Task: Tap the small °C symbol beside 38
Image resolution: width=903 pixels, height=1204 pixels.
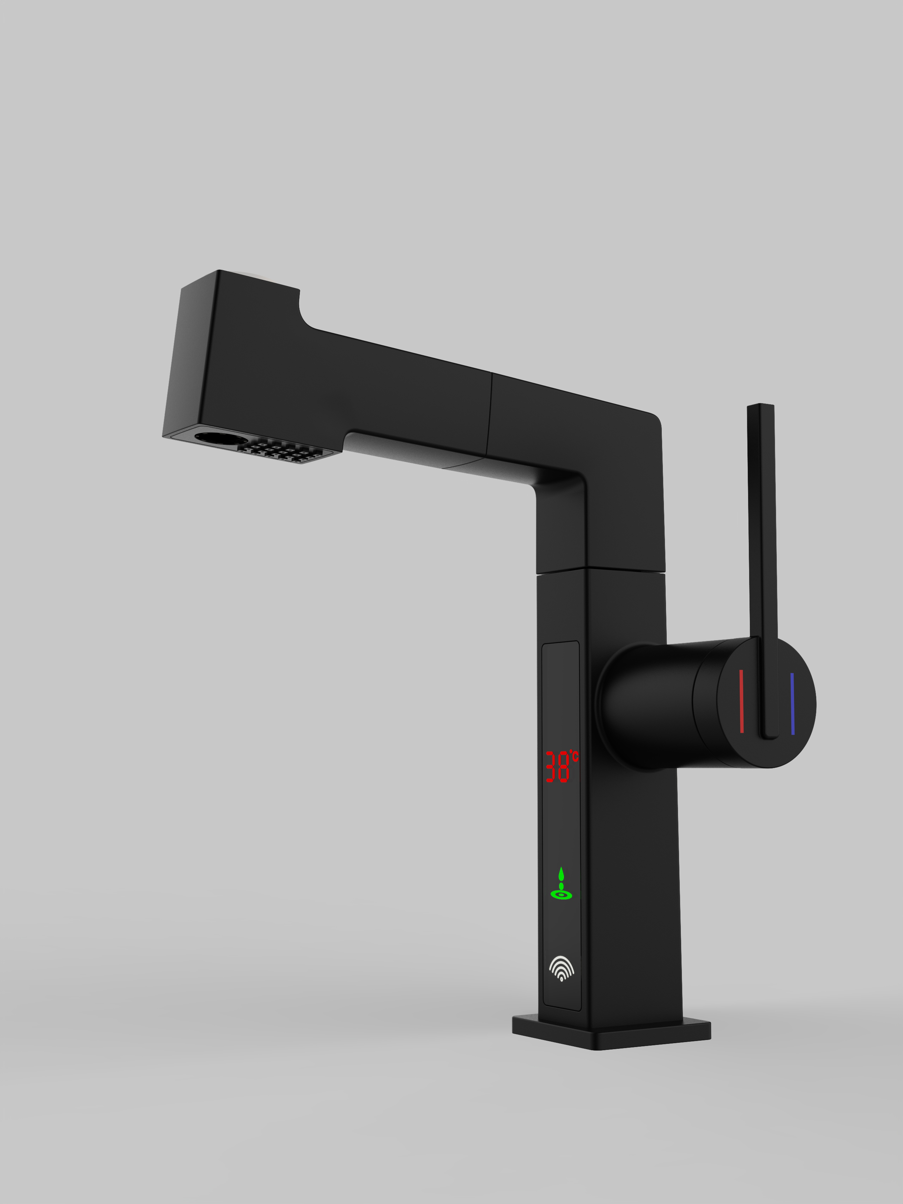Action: point(574,756)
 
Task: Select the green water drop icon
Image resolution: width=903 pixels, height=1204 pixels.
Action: point(561,874)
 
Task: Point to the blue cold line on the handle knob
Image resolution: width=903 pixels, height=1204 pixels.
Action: point(792,704)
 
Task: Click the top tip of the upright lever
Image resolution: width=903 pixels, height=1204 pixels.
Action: point(760,405)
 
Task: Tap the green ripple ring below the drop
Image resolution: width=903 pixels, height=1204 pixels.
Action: point(561,895)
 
